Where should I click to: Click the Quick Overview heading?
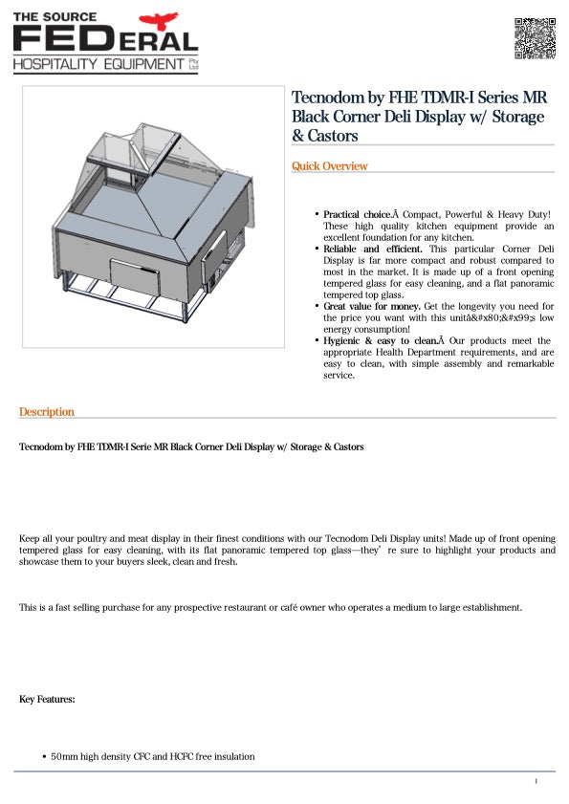329,166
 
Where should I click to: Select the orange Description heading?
46,412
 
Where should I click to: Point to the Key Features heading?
47,700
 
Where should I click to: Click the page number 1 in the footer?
536,782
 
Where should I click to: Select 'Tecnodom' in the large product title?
327,98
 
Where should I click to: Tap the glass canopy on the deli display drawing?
124,153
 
